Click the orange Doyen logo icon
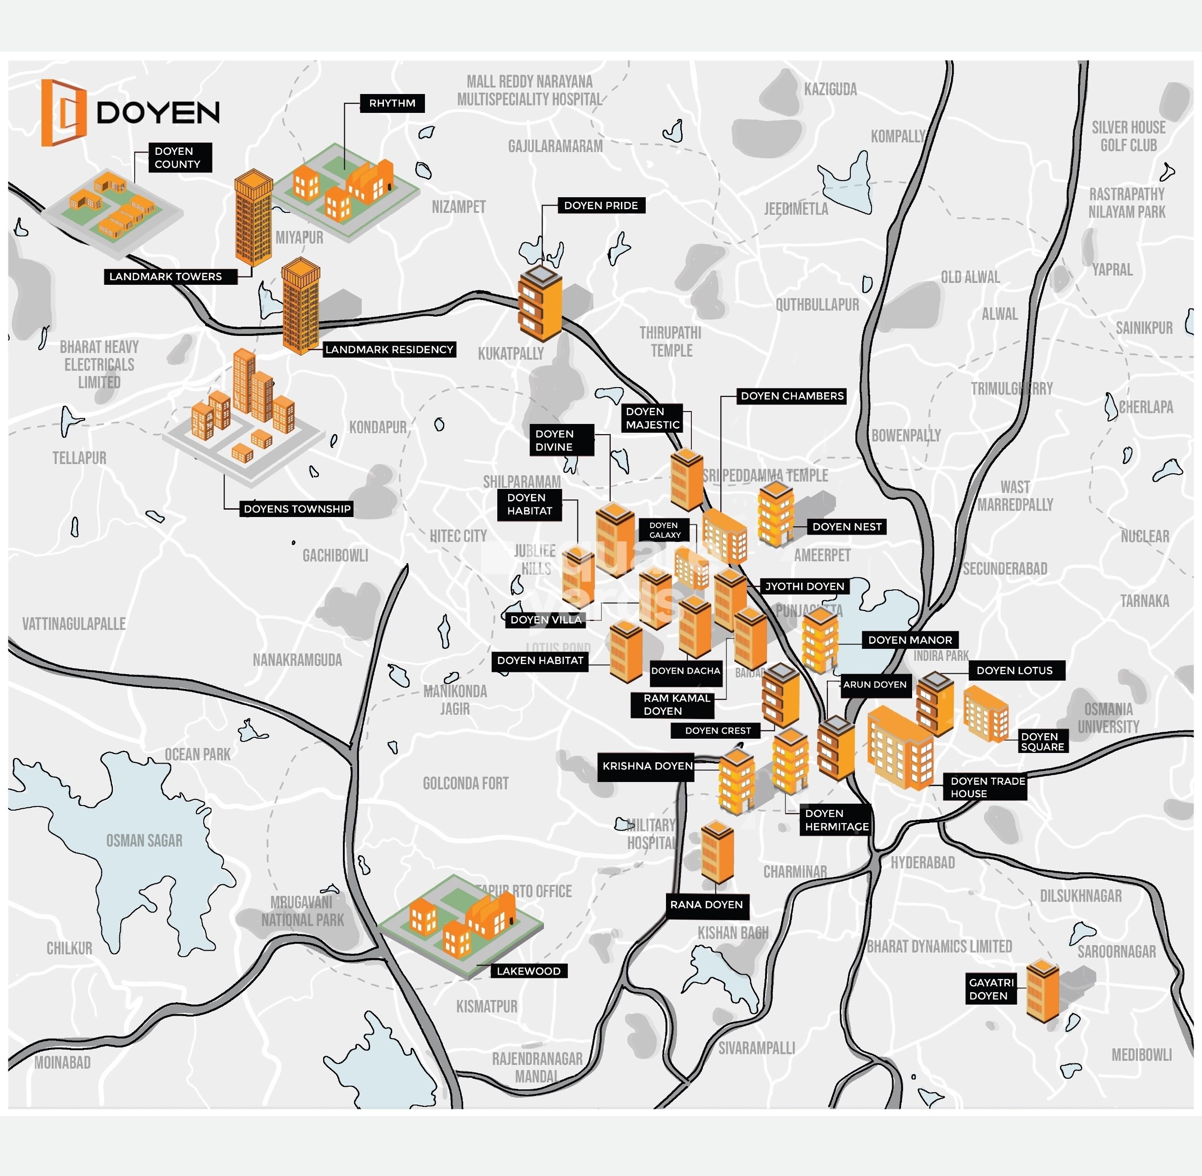coord(63,113)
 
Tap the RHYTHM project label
coord(392,103)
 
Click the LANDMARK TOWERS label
coord(165,276)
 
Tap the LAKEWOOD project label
coord(528,971)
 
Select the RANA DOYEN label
coord(706,905)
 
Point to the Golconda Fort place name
coord(465,784)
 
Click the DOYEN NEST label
coord(846,527)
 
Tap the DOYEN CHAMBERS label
coord(792,396)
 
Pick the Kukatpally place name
coord(511,354)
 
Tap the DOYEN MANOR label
coord(910,640)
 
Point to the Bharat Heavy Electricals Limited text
coord(99,365)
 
